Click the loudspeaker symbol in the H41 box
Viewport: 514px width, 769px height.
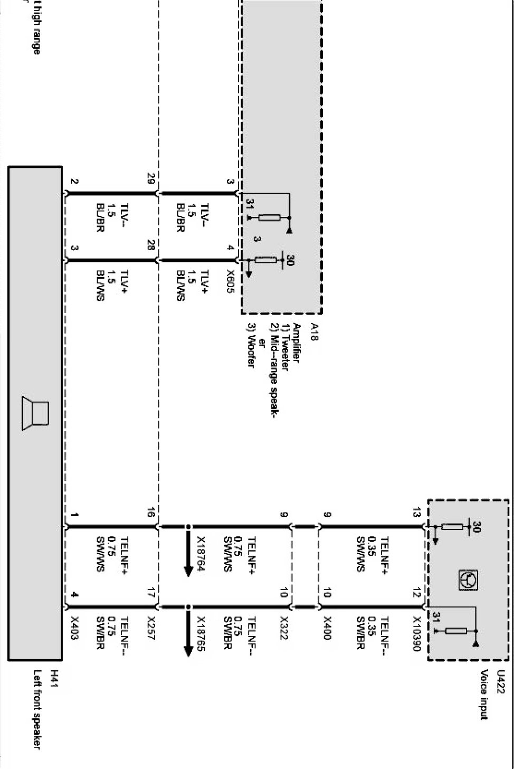35,413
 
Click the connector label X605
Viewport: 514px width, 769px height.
230,282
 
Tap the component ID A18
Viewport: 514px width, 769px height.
315,332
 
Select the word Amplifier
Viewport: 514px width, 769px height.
297,343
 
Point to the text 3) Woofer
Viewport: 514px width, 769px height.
251,345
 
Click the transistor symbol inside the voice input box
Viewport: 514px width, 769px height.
468,580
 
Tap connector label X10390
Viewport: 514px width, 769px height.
417,633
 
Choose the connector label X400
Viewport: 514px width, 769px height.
327,628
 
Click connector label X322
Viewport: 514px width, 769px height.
284,628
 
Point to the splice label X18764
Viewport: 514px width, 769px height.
201,554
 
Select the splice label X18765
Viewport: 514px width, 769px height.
201,633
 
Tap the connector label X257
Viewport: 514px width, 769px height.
151,628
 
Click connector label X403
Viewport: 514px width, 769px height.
74,628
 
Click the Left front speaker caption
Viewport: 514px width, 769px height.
37,709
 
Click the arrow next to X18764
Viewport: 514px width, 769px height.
188,552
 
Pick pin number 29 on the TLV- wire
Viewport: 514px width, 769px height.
151,179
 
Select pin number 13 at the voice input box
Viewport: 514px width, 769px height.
417,512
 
